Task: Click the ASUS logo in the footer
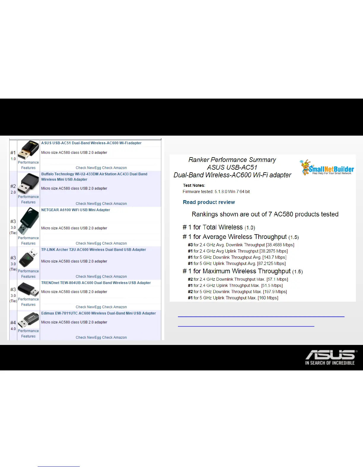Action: [x=330, y=358]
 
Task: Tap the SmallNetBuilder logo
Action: [x=327, y=168]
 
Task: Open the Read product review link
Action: [x=209, y=202]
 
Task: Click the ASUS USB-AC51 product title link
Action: [x=91, y=143]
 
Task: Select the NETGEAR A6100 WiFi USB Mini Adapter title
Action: [x=76, y=210]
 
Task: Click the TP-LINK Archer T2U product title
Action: [x=93, y=250]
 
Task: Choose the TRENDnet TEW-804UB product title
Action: [x=96, y=283]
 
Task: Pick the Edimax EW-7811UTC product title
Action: [x=98, y=313]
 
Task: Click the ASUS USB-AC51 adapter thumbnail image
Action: [x=28, y=150]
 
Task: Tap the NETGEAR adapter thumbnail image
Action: [x=28, y=221]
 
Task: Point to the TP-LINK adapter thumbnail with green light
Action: [x=28, y=258]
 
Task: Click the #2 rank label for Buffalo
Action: [x=13, y=186]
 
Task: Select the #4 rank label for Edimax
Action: [x=13, y=323]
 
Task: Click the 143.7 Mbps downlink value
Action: [x=274, y=257]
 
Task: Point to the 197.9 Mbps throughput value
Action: [x=275, y=292]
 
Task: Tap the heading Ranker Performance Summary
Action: [x=232, y=160]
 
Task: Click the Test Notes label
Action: [x=194, y=185]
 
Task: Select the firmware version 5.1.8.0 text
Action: [x=221, y=192]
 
